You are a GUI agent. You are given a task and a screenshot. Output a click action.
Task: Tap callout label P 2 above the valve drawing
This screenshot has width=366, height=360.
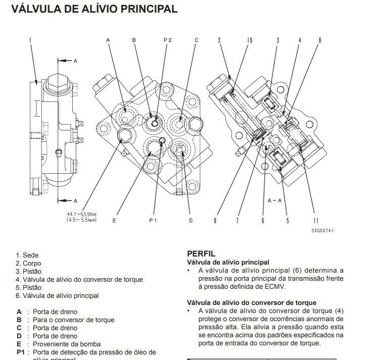click(167, 40)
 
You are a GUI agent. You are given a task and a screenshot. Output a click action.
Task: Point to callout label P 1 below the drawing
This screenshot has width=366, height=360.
click(153, 220)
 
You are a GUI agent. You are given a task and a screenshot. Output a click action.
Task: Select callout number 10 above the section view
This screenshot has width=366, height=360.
click(250, 40)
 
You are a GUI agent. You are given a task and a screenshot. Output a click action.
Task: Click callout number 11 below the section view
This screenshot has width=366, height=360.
click(316, 220)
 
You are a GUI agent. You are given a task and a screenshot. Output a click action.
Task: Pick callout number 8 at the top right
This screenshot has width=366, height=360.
click(319, 40)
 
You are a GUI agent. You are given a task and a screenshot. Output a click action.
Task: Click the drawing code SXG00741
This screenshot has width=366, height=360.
click(322, 231)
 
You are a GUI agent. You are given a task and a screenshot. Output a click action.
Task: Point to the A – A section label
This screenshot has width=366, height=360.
click(274, 200)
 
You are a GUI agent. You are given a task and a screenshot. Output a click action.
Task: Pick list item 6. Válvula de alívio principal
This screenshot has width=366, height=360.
click(57, 296)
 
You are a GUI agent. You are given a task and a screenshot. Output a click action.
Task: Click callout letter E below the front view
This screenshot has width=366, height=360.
click(114, 220)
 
